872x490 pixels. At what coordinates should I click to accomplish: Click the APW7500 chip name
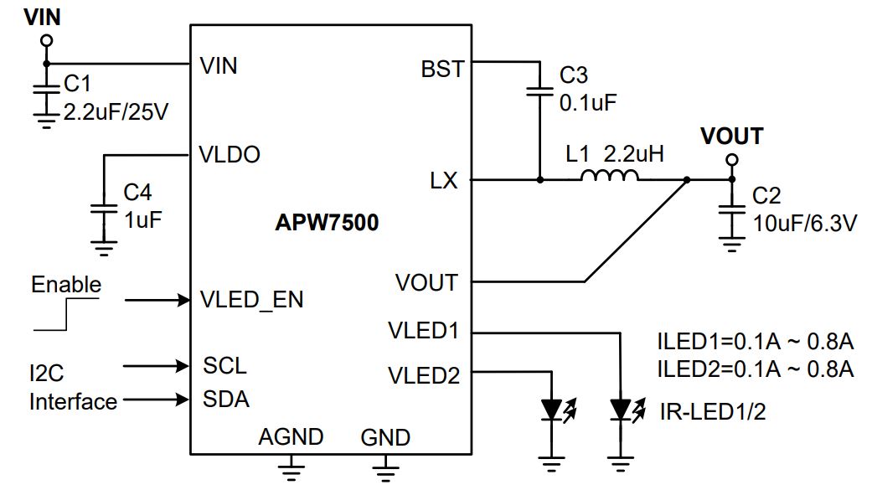(x=327, y=224)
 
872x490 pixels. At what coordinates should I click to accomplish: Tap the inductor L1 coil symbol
(x=609, y=176)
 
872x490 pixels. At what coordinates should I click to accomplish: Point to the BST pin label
(x=442, y=69)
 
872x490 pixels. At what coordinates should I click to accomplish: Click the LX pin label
(x=444, y=181)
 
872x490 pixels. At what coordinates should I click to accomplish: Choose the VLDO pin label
(x=229, y=155)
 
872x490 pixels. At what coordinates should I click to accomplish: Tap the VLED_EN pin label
(x=252, y=300)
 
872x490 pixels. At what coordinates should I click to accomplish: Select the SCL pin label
(x=224, y=366)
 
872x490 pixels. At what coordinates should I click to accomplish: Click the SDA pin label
(x=225, y=400)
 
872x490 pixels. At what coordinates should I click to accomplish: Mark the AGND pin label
(x=291, y=437)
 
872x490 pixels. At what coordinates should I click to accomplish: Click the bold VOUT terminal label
(x=731, y=137)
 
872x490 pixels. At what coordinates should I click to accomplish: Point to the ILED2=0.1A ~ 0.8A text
(x=755, y=369)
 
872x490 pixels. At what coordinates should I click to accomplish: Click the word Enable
(x=65, y=285)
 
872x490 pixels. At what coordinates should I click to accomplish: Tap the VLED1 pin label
(x=424, y=331)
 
